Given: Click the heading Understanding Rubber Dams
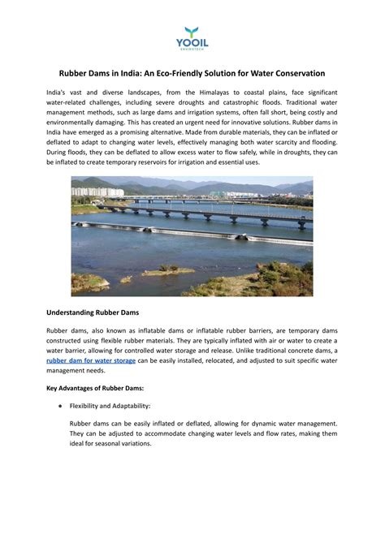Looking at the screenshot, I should pyautogui.click(x=92, y=312).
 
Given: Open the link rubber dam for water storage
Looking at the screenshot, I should pyautogui.click(x=91, y=360).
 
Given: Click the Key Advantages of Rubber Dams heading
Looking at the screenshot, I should pyautogui.click(x=95, y=388).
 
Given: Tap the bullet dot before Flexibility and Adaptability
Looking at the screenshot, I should pyautogui.click(x=50, y=405).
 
